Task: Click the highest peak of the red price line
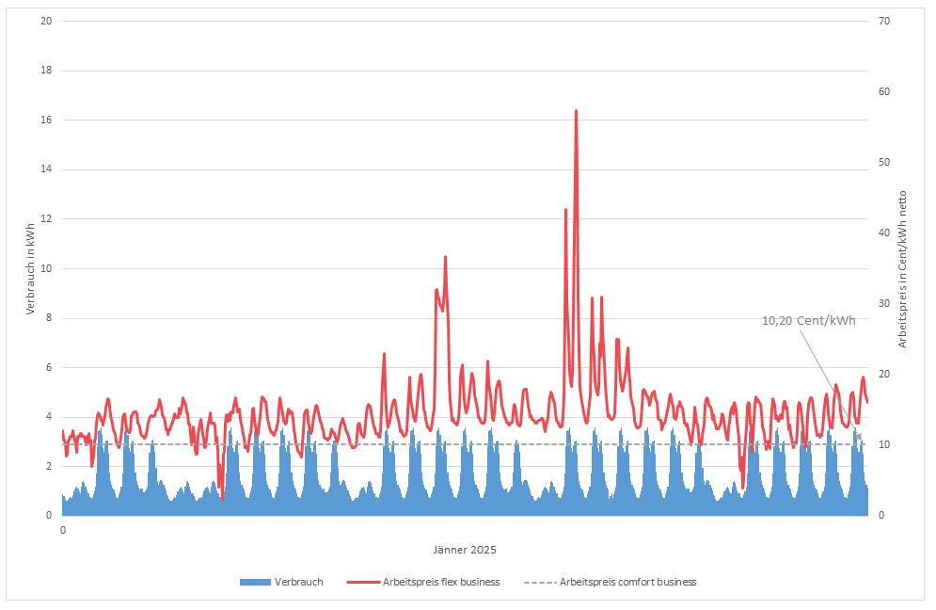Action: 576,111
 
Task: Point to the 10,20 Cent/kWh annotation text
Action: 808,321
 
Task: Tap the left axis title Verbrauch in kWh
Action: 30,269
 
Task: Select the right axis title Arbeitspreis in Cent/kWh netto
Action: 902,269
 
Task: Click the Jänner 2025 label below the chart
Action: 465,550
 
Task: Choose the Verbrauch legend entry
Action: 282,582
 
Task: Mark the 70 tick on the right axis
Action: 884,21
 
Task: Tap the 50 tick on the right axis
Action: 884,162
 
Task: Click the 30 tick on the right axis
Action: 884,303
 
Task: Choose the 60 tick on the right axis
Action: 884,91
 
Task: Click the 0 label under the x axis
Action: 63,531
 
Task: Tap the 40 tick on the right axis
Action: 884,233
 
